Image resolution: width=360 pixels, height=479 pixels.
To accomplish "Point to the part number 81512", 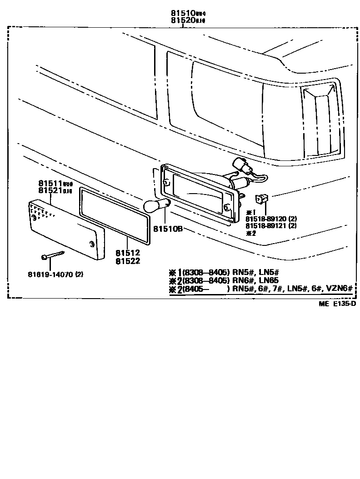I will (x=127, y=253).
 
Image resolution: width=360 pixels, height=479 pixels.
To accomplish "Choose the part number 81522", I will (x=127, y=261).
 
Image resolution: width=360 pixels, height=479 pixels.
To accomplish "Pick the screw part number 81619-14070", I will (x=51, y=274).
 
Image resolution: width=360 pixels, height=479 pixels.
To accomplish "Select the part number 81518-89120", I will (x=267, y=219).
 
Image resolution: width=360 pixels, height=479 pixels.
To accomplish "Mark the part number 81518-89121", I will (x=267, y=226).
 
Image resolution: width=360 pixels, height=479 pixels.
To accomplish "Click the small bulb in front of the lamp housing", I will (x=156, y=206).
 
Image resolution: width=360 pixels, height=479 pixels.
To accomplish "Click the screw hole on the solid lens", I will (x=92, y=243).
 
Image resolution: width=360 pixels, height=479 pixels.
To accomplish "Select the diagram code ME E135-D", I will (x=337, y=304).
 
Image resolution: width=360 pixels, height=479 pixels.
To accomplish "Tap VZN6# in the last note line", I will (x=340, y=289).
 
